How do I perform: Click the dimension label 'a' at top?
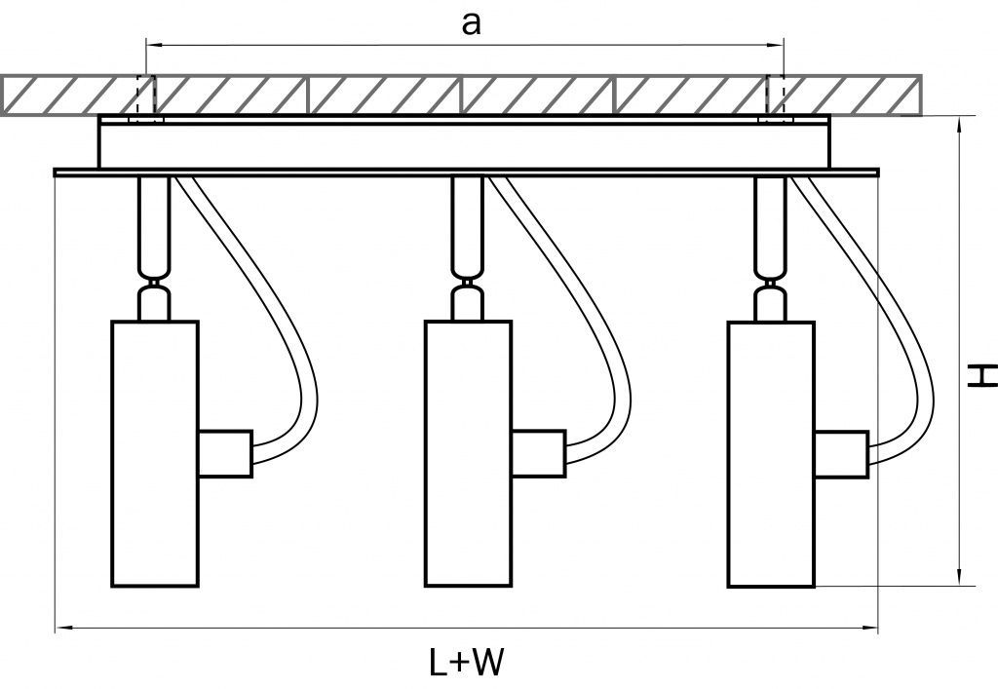pyautogui.click(x=471, y=25)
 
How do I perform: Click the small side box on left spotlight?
pyautogui.click(x=225, y=453)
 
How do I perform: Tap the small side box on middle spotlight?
pyautogui.click(x=536, y=453)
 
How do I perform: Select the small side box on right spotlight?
pyautogui.click(x=841, y=453)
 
